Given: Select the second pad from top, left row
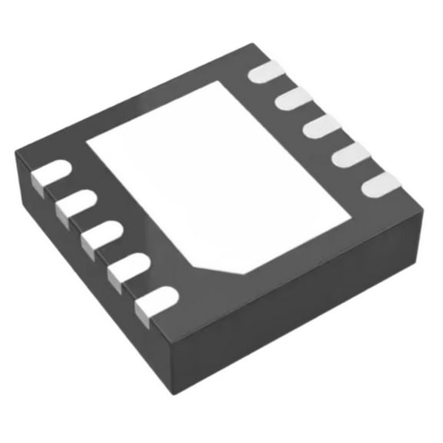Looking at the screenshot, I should (74, 203).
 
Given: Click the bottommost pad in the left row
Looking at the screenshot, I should (155, 301).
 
